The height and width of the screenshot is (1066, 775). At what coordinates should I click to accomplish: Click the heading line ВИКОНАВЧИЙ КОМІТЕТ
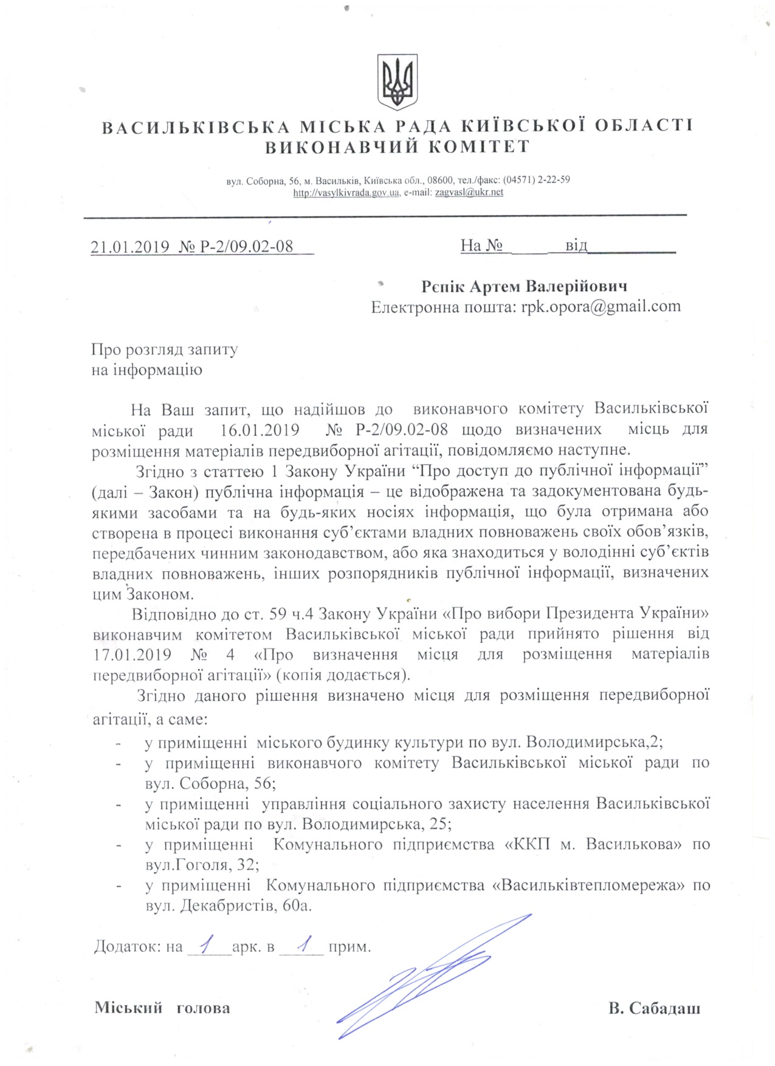(x=398, y=147)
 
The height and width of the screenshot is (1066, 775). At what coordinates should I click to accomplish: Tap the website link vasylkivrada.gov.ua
(x=346, y=193)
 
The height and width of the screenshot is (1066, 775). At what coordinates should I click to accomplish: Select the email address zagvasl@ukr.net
(x=469, y=193)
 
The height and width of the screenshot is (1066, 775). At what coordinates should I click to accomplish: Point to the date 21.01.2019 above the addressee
(x=129, y=246)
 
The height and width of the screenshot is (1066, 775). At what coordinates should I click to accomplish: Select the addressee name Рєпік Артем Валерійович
(x=524, y=286)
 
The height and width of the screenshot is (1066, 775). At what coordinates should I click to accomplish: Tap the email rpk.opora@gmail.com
(x=601, y=306)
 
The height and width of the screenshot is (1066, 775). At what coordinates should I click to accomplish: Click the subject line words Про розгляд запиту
(x=164, y=349)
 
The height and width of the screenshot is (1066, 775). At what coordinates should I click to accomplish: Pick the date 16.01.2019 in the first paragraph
(x=260, y=430)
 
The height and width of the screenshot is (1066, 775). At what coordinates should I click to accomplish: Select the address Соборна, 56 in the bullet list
(x=228, y=784)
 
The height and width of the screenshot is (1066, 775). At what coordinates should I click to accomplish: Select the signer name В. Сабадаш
(x=654, y=1009)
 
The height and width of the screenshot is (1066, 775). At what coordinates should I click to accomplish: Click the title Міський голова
(x=162, y=1008)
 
